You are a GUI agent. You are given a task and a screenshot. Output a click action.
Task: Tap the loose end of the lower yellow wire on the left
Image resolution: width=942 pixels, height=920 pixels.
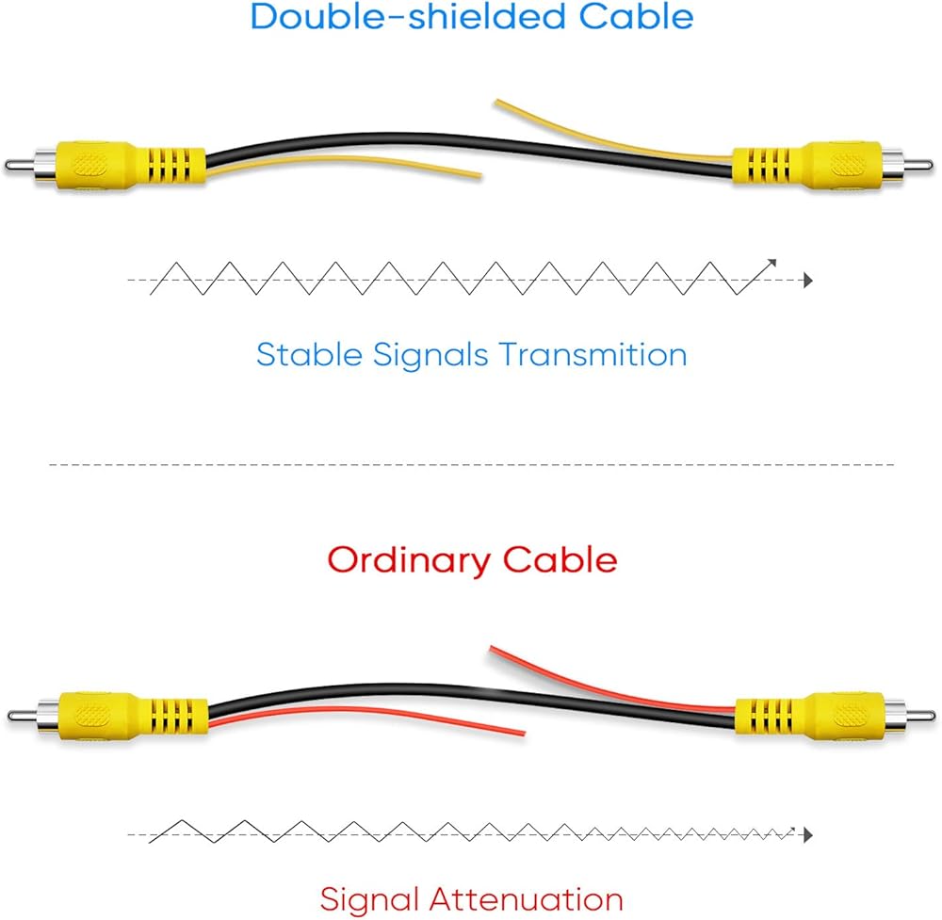479,174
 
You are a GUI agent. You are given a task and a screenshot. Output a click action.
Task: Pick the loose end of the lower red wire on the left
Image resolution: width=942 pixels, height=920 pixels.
521,731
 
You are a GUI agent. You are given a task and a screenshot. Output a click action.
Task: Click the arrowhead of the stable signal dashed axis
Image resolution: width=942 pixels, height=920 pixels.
806,280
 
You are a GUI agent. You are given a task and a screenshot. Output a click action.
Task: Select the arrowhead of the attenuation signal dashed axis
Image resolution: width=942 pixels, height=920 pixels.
806,834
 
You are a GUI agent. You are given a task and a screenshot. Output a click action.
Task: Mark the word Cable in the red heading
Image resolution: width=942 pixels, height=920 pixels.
560,561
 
